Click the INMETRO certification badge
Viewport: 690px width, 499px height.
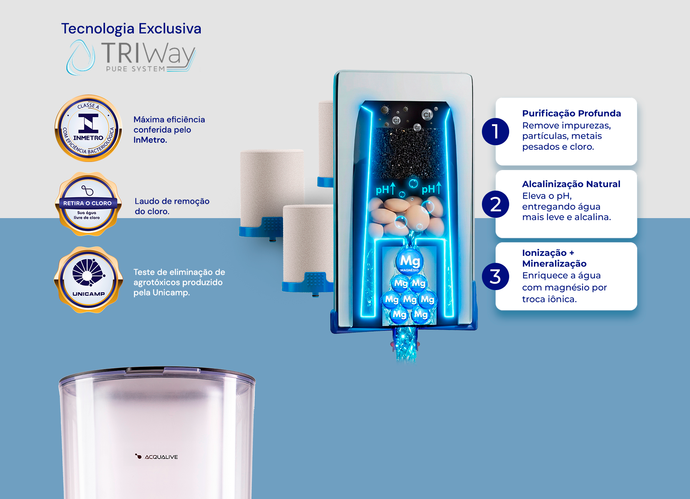pyautogui.click(x=88, y=128)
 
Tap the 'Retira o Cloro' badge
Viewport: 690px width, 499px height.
pyautogui.click(x=88, y=204)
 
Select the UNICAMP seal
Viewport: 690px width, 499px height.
pyautogui.click(x=88, y=280)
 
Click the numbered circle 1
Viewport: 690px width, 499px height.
pyautogui.click(x=495, y=131)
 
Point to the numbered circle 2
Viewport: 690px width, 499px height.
pyautogui.click(x=495, y=204)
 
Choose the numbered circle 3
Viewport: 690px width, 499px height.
pyautogui.click(x=495, y=276)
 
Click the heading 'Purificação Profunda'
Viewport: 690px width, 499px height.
pyautogui.click(x=571, y=113)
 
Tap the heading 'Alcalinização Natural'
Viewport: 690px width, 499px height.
pyautogui.click(x=571, y=184)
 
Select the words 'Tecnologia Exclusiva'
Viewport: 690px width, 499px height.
pyautogui.click(x=131, y=29)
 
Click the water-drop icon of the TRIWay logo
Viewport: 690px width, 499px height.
pyautogui.click(x=80, y=57)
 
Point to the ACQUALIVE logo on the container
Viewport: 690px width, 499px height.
pyautogui.click(x=156, y=456)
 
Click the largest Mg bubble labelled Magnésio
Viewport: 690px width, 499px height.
pyautogui.click(x=410, y=261)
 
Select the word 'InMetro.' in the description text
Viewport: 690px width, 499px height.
pyautogui.click(x=150, y=140)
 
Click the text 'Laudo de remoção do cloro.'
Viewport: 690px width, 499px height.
pyautogui.click(x=172, y=206)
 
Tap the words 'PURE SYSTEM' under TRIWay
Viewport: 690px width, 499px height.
pyautogui.click(x=135, y=69)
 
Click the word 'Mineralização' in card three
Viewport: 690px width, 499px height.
pyautogui.click(x=554, y=264)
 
